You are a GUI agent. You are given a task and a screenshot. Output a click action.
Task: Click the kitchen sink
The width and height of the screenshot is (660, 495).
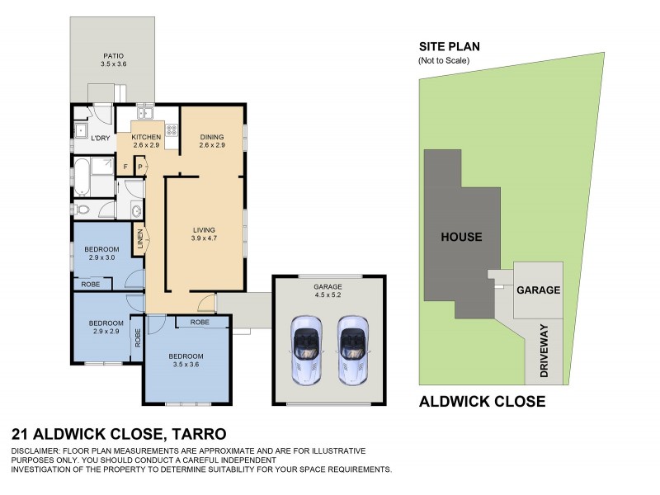click(x=145, y=113)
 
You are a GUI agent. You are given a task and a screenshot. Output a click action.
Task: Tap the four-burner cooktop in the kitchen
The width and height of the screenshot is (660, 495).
click(x=172, y=130)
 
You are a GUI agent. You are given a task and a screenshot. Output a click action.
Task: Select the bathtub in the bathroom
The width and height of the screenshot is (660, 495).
click(x=82, y=175)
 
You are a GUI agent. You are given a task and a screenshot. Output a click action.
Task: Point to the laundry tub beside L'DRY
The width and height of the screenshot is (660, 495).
click(x=82, y=131)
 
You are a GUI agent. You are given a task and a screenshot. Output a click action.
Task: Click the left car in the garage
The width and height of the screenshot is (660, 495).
click(x=304, y=348)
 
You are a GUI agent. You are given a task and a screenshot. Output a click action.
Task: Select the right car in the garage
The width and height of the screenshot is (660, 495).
click(x=352, y=348)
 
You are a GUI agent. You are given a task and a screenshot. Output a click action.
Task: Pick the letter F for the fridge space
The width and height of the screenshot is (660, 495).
click(x=126, y=167)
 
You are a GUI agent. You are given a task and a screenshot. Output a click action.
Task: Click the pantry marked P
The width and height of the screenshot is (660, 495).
click(x=140, y=167)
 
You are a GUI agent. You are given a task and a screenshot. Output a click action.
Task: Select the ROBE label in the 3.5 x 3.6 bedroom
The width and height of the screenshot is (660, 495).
click(x=199, y=322)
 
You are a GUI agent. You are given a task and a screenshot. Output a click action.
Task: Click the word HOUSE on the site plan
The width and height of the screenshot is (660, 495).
click(x=461, y=237)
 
